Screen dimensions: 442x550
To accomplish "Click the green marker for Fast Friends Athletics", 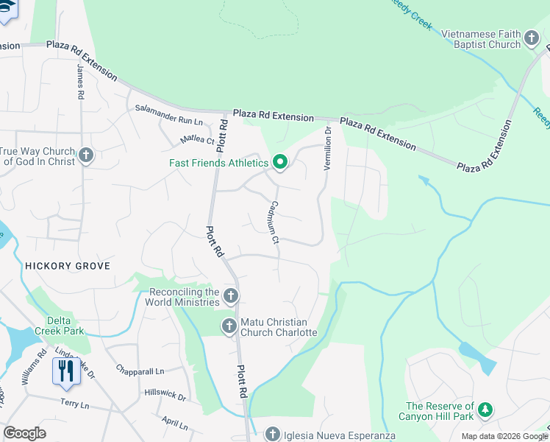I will tap(279, 162).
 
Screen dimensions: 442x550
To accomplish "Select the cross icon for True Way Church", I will tap(87, 155).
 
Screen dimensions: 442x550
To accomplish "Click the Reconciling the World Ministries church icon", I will tap(231, 296).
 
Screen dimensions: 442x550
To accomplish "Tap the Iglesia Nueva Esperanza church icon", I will tap(273, 433).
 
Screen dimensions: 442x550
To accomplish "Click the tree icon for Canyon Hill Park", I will tap(485, 410).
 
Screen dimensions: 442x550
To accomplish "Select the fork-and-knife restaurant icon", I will tap(65, 371).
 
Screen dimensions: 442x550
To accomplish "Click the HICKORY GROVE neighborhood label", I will tap(68, 266).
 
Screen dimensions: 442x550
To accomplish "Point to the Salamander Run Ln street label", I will tap(168, 114).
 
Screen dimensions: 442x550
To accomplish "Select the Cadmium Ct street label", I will tap(274, 222).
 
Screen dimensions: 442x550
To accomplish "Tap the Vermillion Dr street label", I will tap(328, 148).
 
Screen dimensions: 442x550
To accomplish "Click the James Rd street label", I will tap(80, 81).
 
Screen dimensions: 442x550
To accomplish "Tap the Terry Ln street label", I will tap(74, 405).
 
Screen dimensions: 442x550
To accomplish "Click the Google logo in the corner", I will tap(25, 433).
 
